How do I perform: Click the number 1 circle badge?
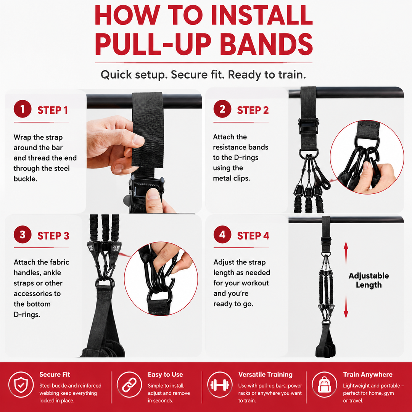[23, 109]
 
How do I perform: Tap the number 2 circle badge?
[222, 109]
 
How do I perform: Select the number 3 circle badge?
[23, 234]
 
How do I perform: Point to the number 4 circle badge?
[222, 234]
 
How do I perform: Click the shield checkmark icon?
[21, 385]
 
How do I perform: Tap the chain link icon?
[129, 385]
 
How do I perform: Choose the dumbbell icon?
[220, 385]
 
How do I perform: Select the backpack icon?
[325, 385]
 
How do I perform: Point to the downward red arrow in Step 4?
[346, 307]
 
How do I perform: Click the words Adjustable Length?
[369, 280]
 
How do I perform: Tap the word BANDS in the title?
[266, 43]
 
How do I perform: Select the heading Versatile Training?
[266, 375]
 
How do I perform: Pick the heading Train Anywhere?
[368, 375]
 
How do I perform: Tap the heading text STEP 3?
[53, 236]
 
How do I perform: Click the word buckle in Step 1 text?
[26, 179]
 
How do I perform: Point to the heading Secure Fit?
[55, 375]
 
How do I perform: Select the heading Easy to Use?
[165, 375]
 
